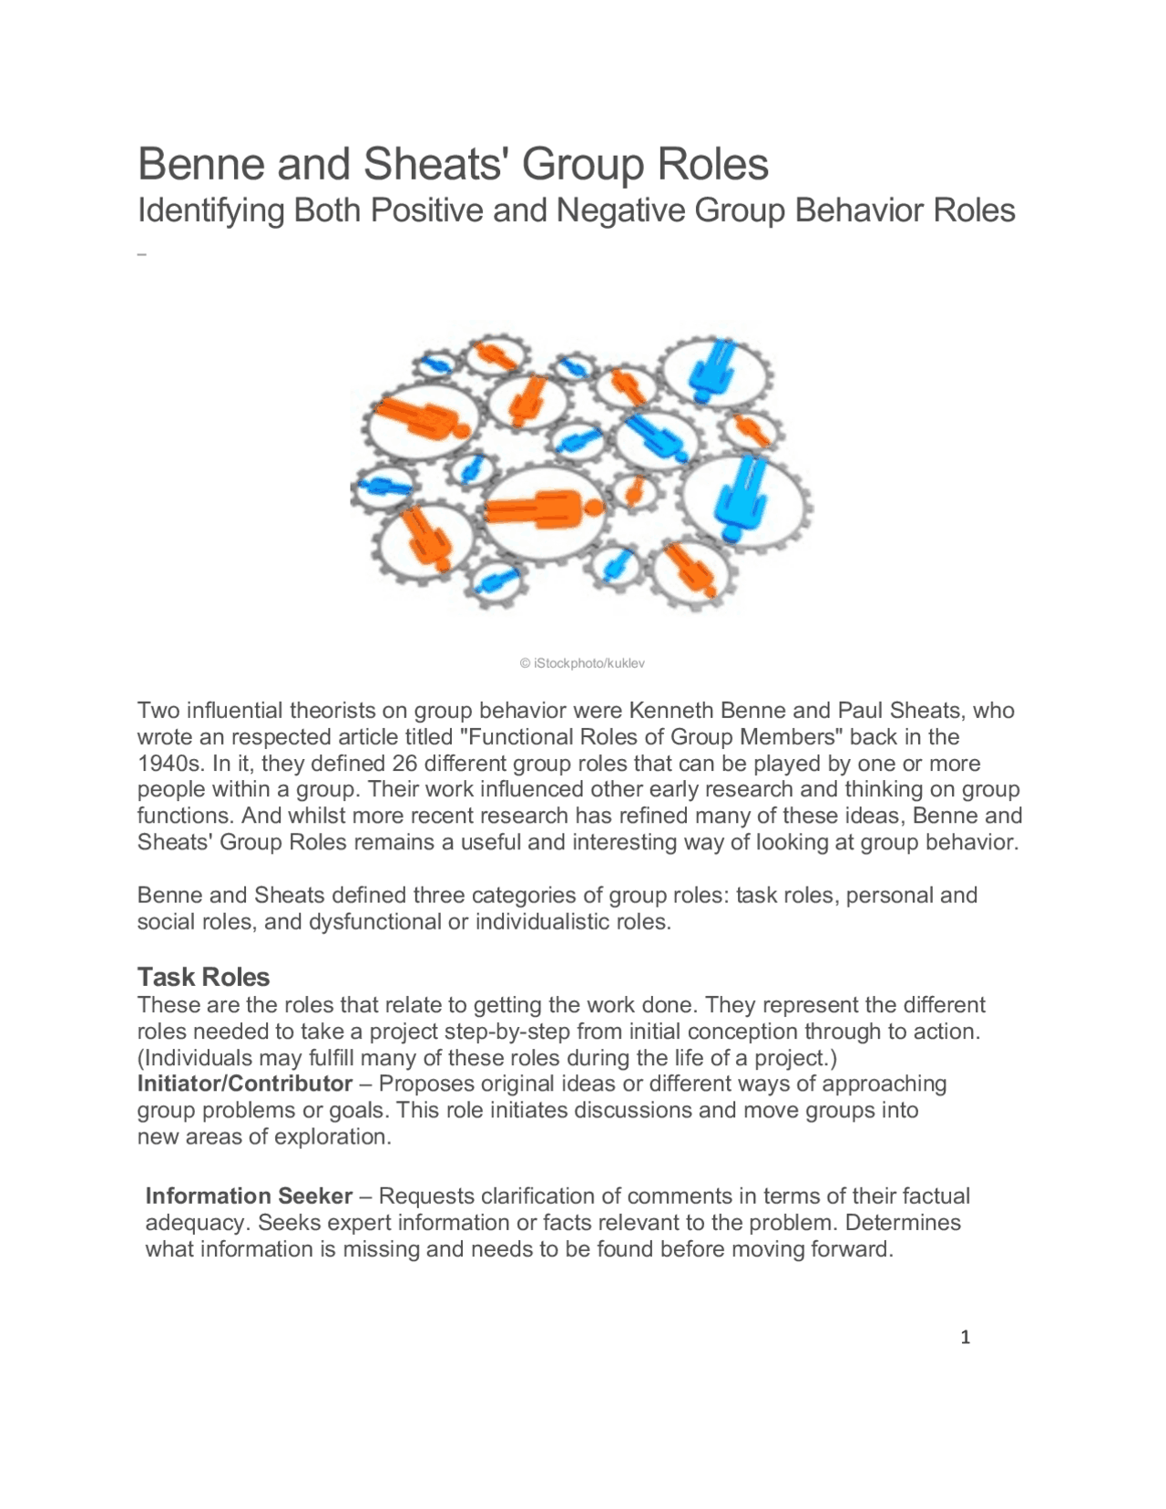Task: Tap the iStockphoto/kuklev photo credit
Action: tap(582, 663)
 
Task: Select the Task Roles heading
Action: tap(203, 977)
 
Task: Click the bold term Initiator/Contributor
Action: tap(244, 1083)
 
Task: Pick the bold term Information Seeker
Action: tap(249, 1196)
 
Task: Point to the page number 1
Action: tap(966, 1338)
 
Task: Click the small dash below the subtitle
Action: tap(142, 254)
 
